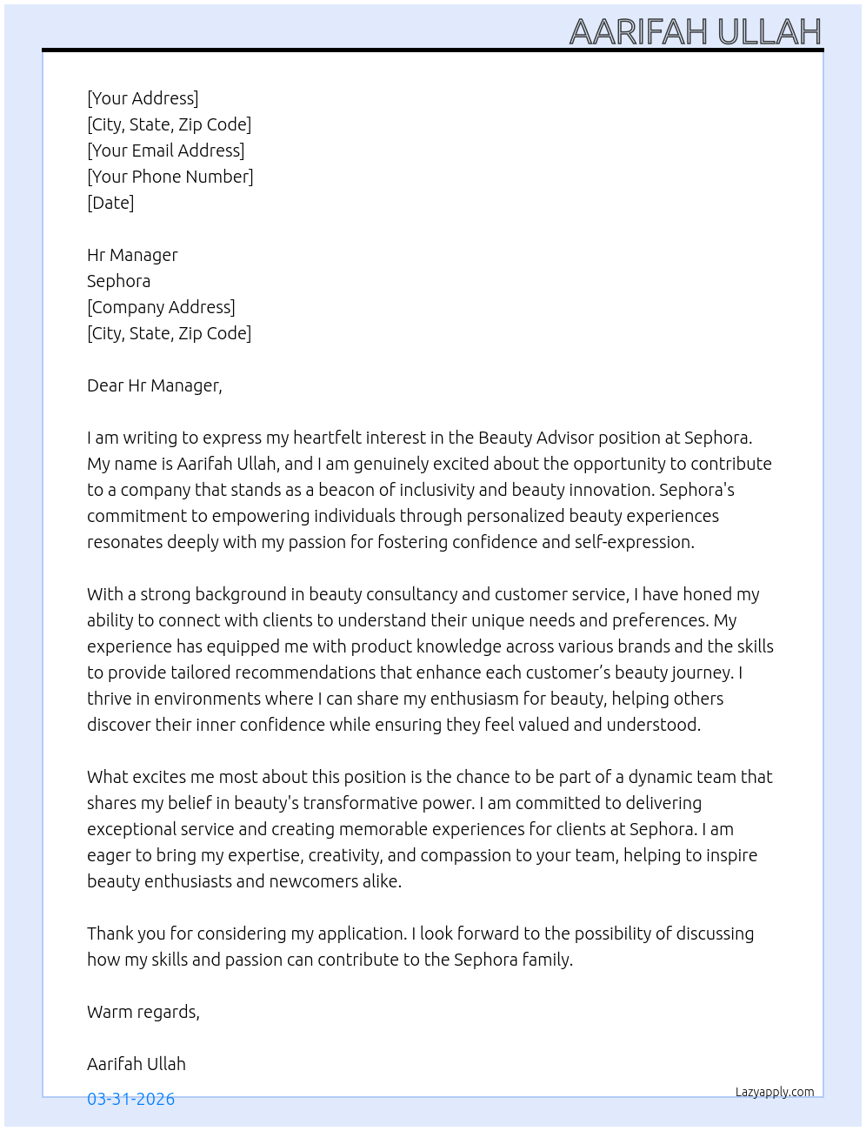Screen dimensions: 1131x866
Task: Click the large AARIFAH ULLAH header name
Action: tap(695, 32)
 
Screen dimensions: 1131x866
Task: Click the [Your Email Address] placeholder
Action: tap(165, 151)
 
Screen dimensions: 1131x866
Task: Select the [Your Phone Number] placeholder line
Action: tap(170, 177)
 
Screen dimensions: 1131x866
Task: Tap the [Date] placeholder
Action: tap(110, 203)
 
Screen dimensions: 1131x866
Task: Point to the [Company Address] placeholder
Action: tap(161, 307)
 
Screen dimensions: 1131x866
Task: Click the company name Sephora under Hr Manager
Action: tap(118, 281)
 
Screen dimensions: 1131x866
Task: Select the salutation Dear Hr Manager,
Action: tap(154, 385)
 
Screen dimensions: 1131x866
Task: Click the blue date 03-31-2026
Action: tap(130, 1099)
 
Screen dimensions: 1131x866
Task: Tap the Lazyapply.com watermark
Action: tap(774, 1092)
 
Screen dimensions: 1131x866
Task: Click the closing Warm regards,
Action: tap(143, 1012)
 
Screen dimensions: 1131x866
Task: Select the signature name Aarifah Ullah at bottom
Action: tap(136, 1064)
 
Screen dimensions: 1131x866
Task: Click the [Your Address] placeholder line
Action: tap(143, 98)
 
